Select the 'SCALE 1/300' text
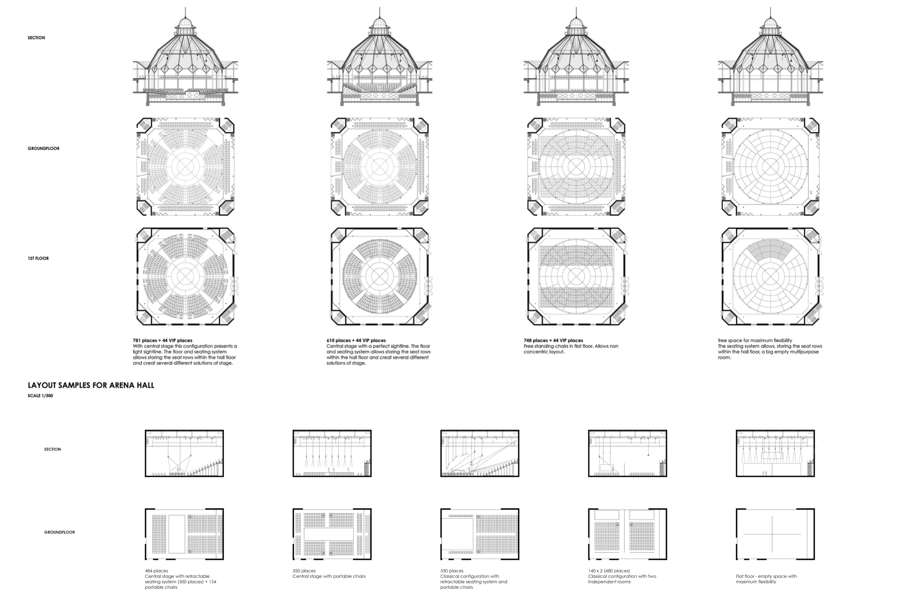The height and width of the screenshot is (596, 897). click(x=40, y=396)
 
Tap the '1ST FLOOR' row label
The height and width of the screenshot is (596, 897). click(x=38, y=258)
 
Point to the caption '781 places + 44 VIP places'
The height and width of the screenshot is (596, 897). click(x=163, y=340)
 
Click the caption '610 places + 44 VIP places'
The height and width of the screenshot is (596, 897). click(x=356, y=340)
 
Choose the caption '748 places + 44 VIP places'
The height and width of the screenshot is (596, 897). click(x=553, y=340)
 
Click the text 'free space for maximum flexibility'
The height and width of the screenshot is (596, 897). click(x=755, y=340)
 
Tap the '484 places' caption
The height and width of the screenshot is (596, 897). click(x=156, y=571)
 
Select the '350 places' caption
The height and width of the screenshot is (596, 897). click(x=304, y=571)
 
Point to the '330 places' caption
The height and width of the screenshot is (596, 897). click(x=452, y=571)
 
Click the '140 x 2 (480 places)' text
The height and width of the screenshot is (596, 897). click(x=609, y=571)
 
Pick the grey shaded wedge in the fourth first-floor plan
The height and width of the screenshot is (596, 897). click(x=770, y=251)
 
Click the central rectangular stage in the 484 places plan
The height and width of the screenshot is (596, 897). click(x=177, y=534)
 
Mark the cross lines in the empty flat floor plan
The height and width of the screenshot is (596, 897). click(x=772, y=534)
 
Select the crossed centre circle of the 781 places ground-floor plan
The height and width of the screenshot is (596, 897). click(x=185, y=166)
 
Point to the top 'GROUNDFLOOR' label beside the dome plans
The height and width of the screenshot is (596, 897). click(x=43, y=149)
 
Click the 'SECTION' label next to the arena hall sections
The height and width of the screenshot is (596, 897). click(x=52, y=449)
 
